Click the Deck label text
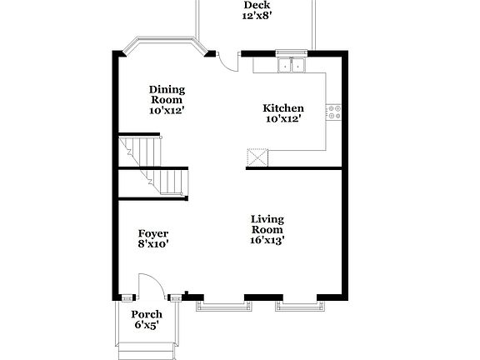pos(257,5)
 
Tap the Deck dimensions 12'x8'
pos(257,16)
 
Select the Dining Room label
pos(167,96)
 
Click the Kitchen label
pos(283,108)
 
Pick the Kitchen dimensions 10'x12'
pos(283,119)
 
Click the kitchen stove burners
pos(333,111)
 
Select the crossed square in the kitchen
pos(257,158)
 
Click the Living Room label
pos(267,225)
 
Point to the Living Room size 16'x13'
pos(267,241)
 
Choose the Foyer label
pos(153,233)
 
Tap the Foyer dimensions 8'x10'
pos(153,245)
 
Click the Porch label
pos(147,314)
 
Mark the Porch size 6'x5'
pos(147,326)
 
